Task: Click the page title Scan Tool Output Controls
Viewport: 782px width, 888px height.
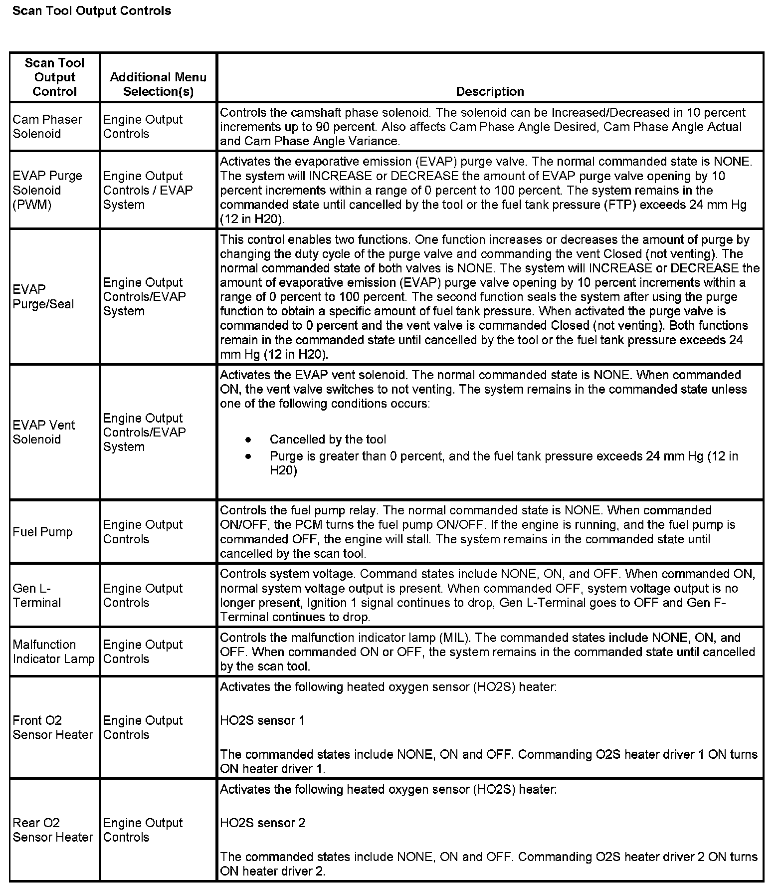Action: (92, 11)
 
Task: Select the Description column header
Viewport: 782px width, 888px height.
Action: (490, 91)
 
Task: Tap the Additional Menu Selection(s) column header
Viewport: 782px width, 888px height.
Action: (158, 84)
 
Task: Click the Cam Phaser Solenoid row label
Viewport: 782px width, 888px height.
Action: (47, 127)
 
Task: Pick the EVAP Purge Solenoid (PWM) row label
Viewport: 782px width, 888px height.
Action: (47, 190)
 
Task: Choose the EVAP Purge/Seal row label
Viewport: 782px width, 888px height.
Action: (43, 297)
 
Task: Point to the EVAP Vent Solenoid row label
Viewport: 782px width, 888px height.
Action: (44, 432)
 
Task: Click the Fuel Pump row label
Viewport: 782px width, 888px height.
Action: (43, 532)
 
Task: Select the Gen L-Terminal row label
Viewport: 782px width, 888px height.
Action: (37, 595)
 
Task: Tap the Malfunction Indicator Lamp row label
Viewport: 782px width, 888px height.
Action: (53, 652)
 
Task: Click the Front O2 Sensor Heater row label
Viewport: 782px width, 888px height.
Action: (53, 727)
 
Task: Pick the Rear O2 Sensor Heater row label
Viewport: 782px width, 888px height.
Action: (53, 830)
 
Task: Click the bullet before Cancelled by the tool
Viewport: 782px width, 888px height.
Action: (248, 440)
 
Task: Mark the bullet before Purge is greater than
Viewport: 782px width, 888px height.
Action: (248, 456)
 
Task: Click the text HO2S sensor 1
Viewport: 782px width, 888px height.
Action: (262, 720)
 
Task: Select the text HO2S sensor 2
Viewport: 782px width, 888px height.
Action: (262, 823)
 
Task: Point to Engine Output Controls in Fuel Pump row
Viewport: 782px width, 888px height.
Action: (143, 532)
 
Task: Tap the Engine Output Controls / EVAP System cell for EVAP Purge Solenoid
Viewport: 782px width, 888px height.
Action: (148, 190)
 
